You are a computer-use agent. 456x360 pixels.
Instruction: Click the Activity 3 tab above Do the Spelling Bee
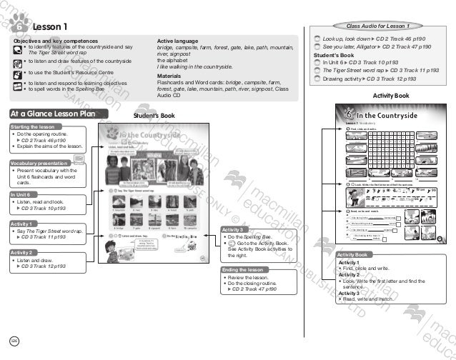(236, 229)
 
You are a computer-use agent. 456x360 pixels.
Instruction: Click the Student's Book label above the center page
(154, 115)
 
